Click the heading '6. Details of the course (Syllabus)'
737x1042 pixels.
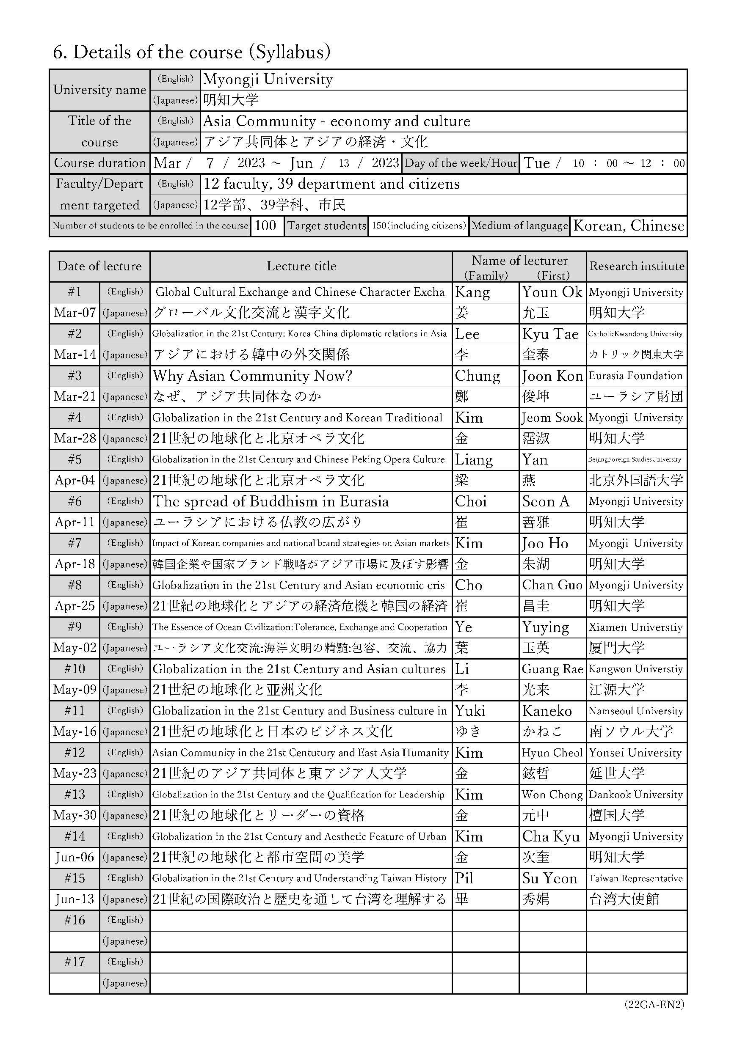(x=191, y=52)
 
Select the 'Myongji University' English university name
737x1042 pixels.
(x=268, y=80)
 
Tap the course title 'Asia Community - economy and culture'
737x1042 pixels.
(x=337, y=121)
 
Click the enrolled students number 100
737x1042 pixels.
(x=266, y=225)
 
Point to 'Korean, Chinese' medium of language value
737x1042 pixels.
(x=629, y=225)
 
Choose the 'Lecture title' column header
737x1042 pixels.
(x=301, y=266)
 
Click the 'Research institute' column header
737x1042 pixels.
(x=637, y=266)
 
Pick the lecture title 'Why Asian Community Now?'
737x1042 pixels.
(x=252, y=376)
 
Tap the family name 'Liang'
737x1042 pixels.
(x=474, y=460)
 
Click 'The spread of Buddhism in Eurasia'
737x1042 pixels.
(x=271, y=501)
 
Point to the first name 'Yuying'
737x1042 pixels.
(x=545, y=627)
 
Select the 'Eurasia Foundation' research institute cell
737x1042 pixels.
(x=635, y=376)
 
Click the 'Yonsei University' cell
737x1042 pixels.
(x=635, y=753)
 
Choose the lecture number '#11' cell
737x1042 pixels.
(x=75, y=711)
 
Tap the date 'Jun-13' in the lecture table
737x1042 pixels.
(x=75, y=899)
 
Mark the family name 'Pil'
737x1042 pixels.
(x=464, y=878)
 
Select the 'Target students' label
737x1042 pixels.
(x=326, y=225)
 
